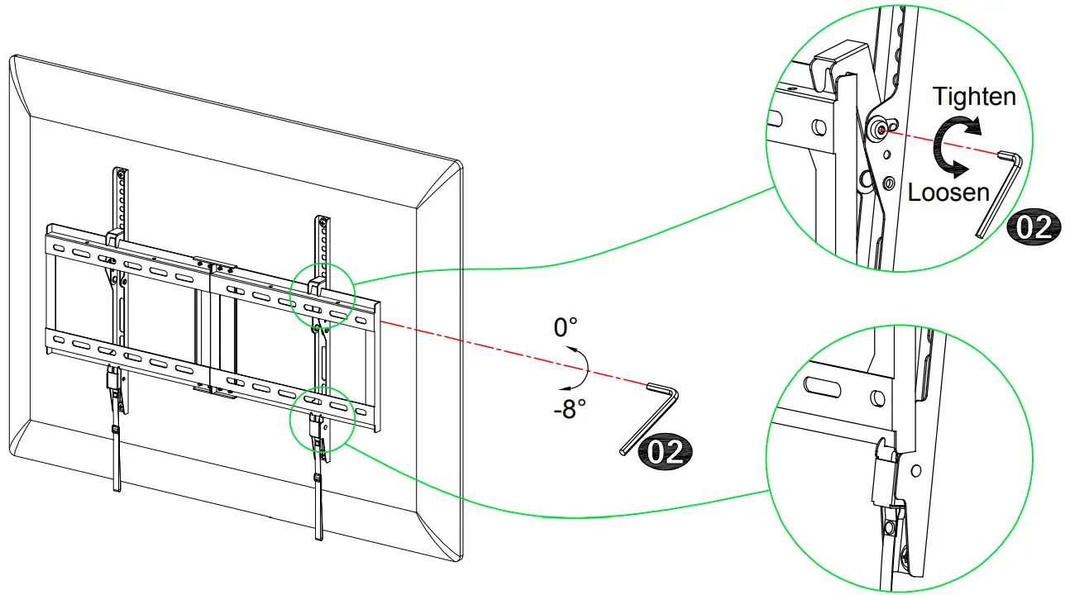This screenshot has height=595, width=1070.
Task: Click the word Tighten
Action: [974, 97]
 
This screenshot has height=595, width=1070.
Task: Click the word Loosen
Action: [948, 193]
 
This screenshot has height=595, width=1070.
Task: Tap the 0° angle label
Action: [566, 327]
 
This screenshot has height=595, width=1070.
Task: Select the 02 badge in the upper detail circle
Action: [1033, 226]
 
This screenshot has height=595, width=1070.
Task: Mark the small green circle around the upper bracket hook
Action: [322, 294]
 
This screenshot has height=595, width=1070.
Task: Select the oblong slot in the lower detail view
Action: [827, 386]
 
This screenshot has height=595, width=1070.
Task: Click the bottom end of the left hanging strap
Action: [117, 488]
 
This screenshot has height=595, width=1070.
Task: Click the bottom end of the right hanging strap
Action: [319, 535]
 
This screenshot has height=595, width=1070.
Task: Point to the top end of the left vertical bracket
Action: [122, 173]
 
